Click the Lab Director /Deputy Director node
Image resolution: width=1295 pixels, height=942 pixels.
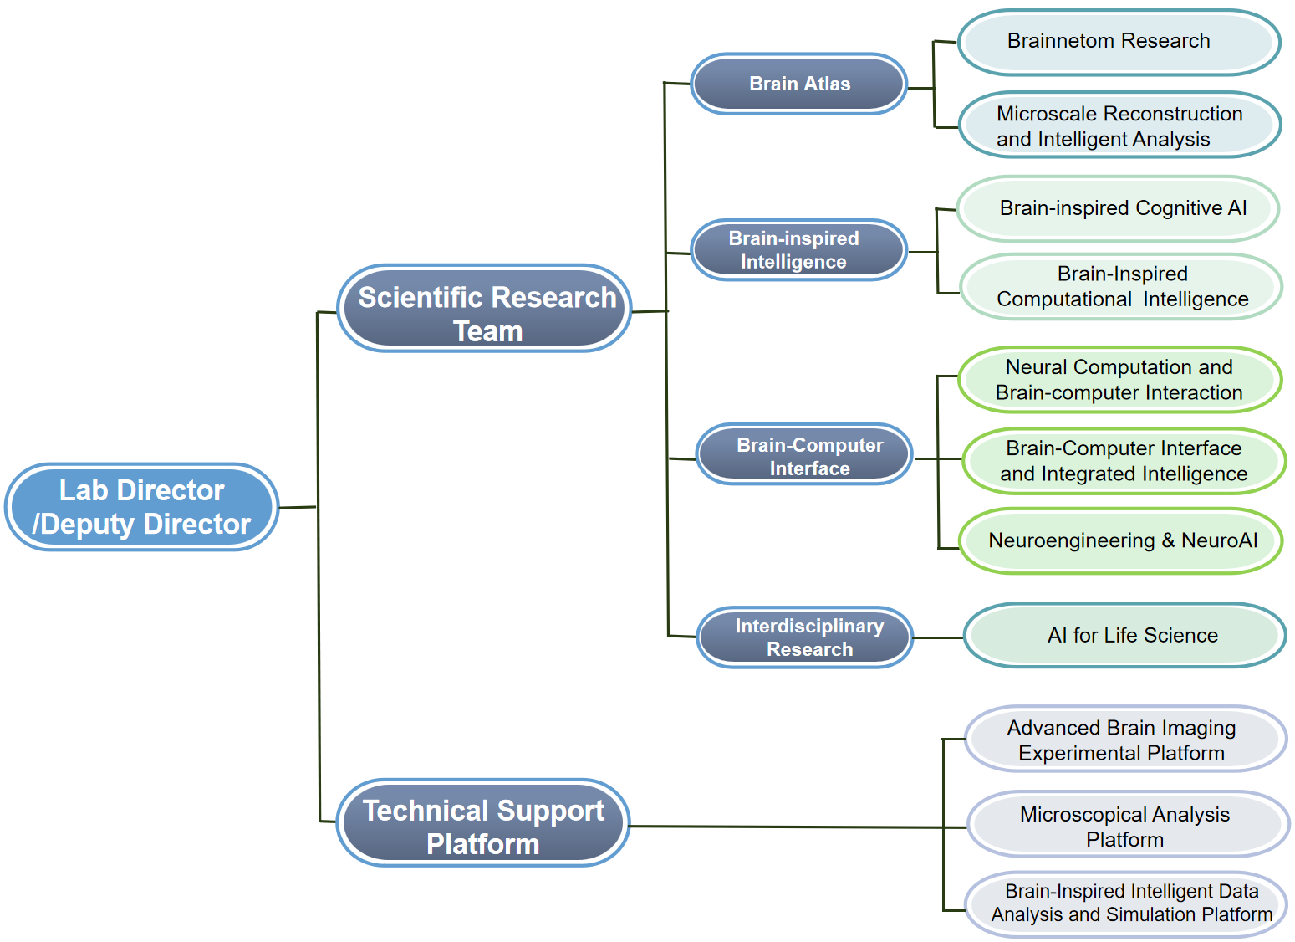(141, 507)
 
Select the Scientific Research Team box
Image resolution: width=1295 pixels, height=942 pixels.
(485, 308)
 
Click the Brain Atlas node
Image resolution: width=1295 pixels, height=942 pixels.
(799, 84)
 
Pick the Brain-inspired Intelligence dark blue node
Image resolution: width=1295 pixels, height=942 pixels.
(799, 250)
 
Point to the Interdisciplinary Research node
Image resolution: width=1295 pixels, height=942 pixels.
(804, 637)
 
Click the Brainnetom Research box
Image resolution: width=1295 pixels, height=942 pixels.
(1119, 42)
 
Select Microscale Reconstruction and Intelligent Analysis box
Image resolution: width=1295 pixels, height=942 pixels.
(1119, 125)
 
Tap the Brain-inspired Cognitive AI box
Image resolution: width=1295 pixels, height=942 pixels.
(1118, 208)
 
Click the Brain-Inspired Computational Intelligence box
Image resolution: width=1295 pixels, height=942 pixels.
(1121, 287)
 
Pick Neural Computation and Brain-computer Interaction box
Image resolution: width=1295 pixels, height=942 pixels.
(1119, 380)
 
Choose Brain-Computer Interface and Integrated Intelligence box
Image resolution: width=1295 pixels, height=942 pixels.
(1124, 461)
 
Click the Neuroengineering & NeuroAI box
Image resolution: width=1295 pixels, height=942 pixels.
(1120, 540)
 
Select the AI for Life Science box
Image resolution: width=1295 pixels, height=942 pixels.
(1124, 636)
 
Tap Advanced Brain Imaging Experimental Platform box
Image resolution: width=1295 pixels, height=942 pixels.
(1125, 740)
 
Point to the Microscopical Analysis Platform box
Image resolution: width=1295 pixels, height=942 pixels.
(1128, 826)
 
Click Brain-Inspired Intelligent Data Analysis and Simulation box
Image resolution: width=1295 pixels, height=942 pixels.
(1127, 904)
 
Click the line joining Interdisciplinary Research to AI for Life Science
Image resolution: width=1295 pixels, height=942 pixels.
(938, 637)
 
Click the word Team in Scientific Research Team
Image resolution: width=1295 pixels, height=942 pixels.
(488, 331)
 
